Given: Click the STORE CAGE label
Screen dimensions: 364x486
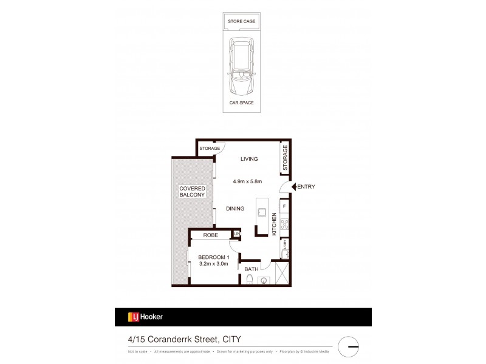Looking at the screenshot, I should [x=241, y=21].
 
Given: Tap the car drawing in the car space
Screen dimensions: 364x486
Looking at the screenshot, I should [x=241, y=67].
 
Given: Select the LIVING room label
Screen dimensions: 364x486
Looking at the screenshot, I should [x=249, y=159].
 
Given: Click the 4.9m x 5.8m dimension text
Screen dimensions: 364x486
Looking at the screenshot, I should [x=249, y=181].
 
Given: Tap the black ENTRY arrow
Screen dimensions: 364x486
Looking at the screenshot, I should [x=293, y=187].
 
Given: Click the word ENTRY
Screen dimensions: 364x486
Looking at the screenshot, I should [x=306, y=187].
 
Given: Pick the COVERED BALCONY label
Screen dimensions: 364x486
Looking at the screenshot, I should [x=193, y=192].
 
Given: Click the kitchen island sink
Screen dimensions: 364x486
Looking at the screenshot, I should [x=262, y=212].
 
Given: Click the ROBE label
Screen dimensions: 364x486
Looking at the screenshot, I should [x=210, y=235].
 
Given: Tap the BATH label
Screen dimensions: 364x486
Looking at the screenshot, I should [x=251, y=269].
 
